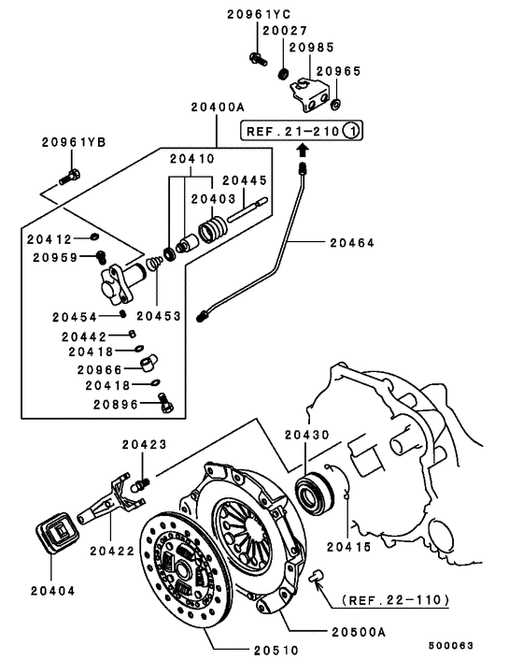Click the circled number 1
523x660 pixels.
pyautogui.click(x=350, y=131)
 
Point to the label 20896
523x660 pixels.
pyautogui.click(x=115, y=404)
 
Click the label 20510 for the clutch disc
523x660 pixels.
pyautogui.click(x=277, y=649)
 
